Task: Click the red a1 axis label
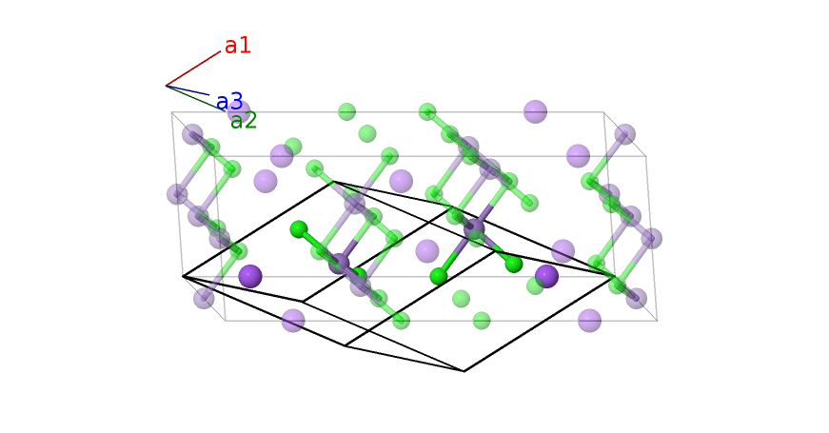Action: point(238,46)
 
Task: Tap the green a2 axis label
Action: point(244,121)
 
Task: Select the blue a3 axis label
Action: point(229,102)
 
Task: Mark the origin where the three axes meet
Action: point(166,86)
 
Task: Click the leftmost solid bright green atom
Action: point(299,229)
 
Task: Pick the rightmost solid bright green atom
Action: point(514,264)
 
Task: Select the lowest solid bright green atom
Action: point(439,276)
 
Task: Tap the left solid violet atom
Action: point(250,276)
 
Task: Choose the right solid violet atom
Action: point(546,276)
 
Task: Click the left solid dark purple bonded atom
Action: point(339,264)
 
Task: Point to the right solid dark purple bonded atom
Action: point(474,229)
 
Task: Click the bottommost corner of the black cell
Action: point(464,371)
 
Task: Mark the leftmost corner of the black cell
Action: point(183,277)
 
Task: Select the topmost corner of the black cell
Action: point(333,183)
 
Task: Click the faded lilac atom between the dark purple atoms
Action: point(427,251)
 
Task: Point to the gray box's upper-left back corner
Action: point(171,112)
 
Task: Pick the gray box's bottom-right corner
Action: point(657,321)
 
